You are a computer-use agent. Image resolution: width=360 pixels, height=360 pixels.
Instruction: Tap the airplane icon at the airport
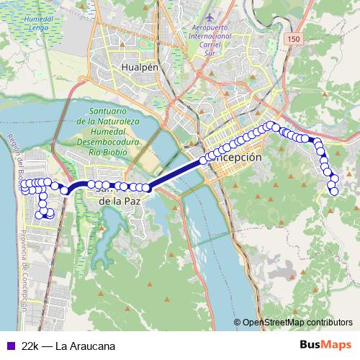click(210, 16)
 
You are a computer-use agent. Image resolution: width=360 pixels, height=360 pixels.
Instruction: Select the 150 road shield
click(292, 38)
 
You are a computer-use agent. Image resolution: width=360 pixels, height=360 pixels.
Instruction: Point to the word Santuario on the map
click(109, 112)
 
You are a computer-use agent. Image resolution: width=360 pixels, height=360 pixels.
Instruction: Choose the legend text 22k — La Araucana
click(68, 346)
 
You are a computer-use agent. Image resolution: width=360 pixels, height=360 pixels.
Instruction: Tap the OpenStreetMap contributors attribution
click(296, 323)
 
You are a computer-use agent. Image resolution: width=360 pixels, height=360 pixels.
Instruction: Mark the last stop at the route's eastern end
click(333, 190)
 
